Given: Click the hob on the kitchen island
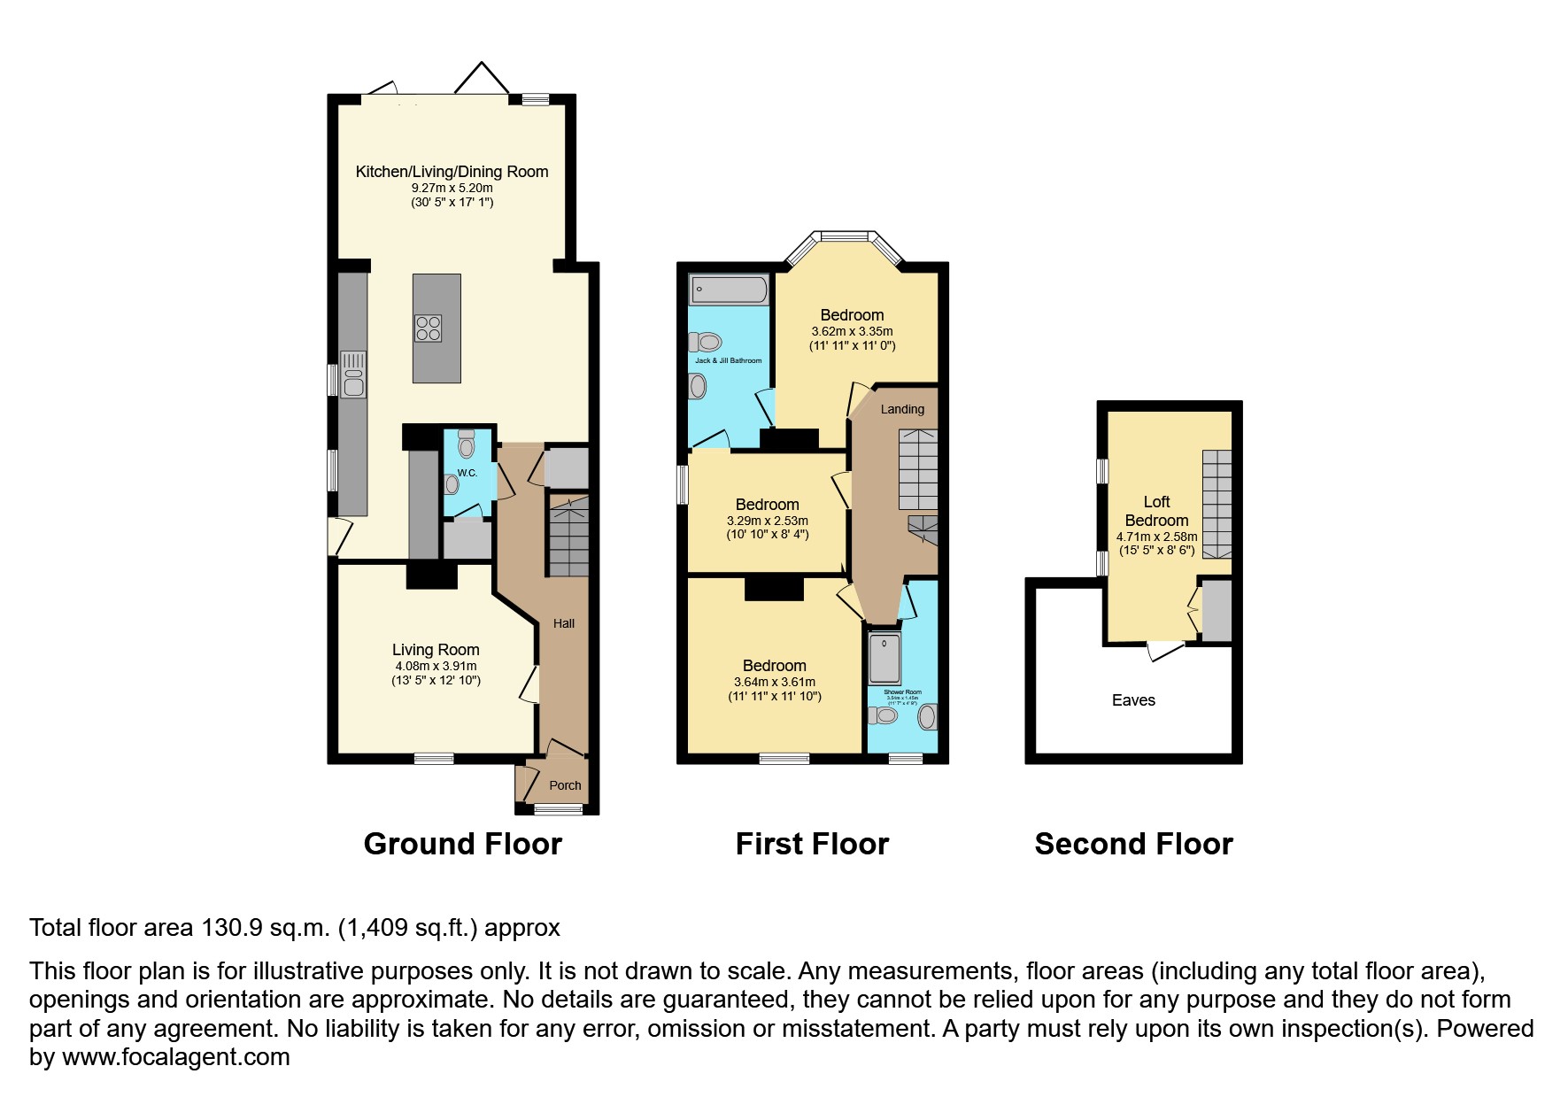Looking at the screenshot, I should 429,328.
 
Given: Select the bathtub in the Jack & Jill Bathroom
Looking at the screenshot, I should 730,290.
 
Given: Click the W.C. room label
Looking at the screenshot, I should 467,473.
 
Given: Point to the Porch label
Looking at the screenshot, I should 565,785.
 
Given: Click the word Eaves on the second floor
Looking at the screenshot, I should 1133,700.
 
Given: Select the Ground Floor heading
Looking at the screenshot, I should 462,844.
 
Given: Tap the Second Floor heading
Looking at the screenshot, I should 1133,844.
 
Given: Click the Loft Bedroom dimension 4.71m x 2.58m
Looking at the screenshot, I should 1156,537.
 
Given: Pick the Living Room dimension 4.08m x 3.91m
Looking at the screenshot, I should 436,666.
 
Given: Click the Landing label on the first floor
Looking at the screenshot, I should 902,409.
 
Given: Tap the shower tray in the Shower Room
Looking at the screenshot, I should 884,657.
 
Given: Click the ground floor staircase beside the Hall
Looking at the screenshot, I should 568,537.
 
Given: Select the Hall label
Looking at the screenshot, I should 564,623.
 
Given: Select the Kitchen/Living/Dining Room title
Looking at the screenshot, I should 452,172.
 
